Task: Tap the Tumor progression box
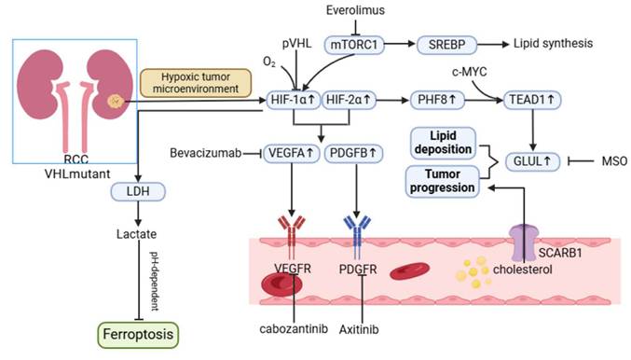tap(438, 179)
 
